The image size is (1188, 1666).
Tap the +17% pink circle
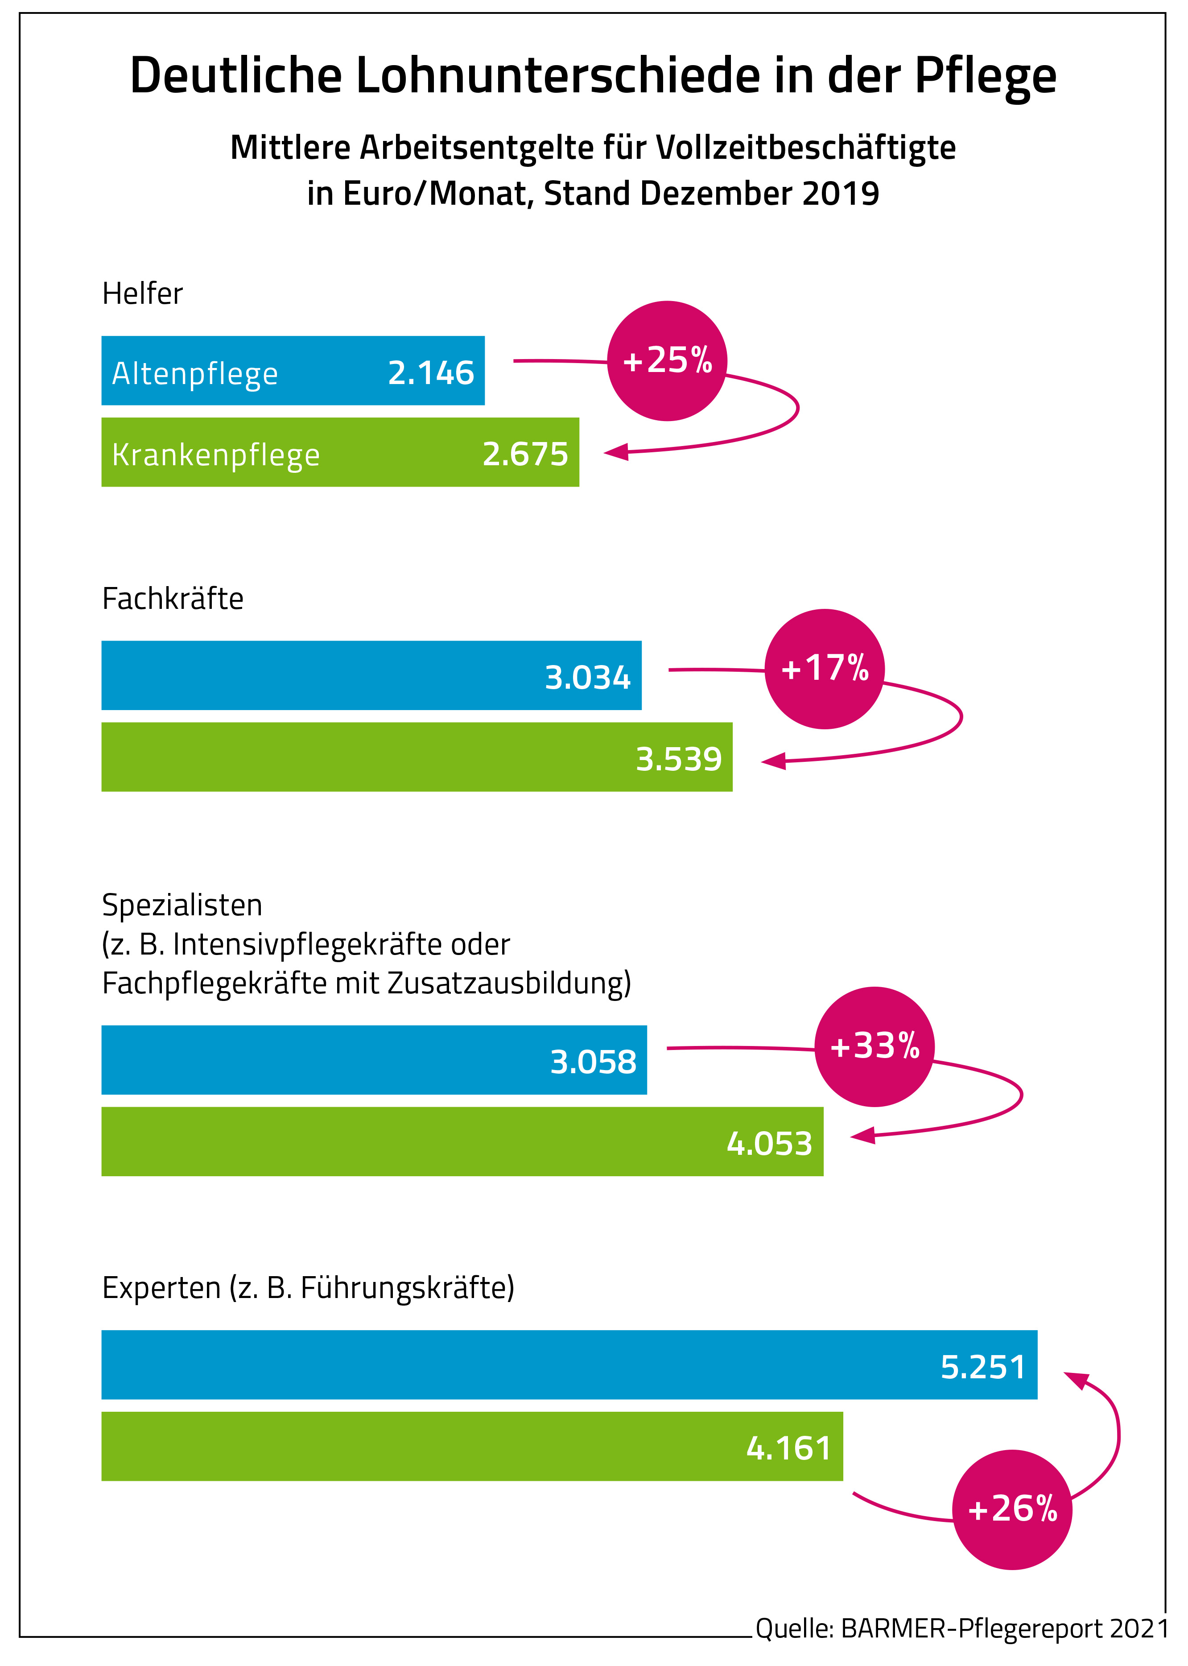tap(825, 669)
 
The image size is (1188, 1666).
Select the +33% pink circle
tap(874, 1046)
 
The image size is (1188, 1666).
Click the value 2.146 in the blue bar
tap(431, 373)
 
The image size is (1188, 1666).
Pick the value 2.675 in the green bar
tap(525, 455)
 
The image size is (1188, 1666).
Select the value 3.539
tap(679, 760)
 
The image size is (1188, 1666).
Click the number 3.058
tap(593, 1062)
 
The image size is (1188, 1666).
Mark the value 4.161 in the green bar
tap(788, 1448)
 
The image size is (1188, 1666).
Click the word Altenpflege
tap(194, 374)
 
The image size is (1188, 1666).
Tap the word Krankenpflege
tap(216, 455)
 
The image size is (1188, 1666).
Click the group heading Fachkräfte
tap(173, 599)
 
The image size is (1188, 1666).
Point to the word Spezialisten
tap(182, 905)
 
